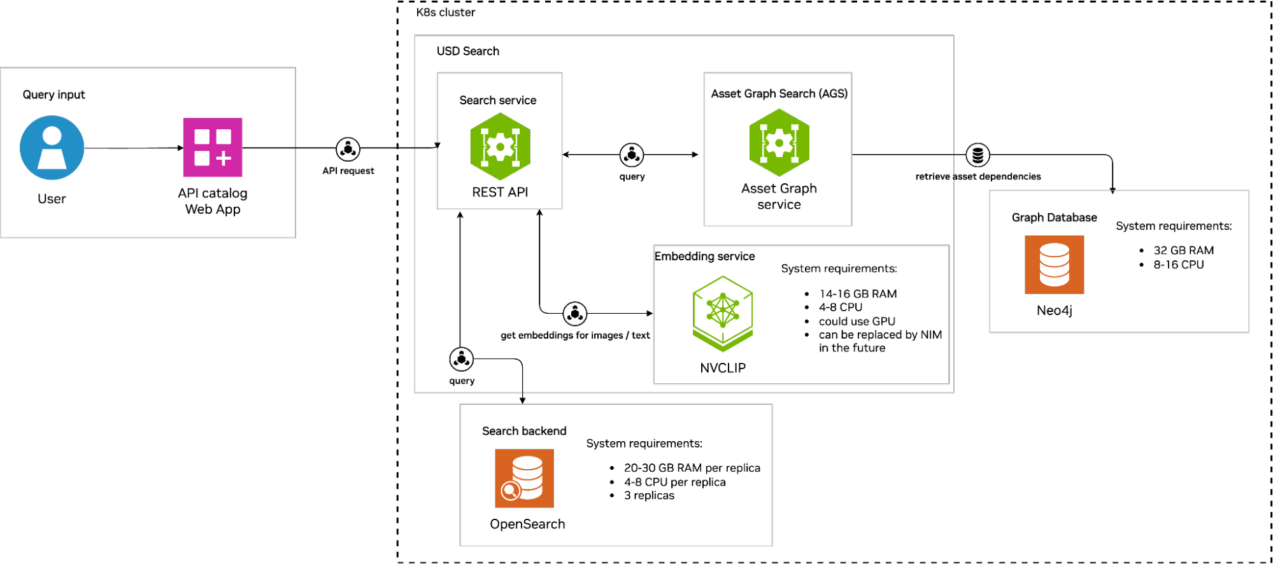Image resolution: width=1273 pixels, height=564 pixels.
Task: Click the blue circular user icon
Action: (x=52, y=148)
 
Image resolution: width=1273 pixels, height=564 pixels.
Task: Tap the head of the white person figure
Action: (x=52, y=136)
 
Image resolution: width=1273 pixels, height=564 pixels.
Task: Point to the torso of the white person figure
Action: (x=52, y=158)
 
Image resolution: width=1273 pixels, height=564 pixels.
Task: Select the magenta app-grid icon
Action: (x=213, y=147)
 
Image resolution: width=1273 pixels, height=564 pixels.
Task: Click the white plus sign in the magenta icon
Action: (x=224, y=159)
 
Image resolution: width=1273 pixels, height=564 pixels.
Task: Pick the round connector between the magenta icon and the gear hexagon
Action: (x=348, y=150)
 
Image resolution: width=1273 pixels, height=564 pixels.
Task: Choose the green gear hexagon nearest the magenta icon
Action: (x=501, y=146)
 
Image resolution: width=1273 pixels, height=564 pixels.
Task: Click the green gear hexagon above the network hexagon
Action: (x=779, y=143)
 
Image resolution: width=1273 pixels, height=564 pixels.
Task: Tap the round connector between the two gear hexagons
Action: (x=632, y=155)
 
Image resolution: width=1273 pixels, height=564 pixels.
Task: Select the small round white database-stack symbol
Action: (x=978, y=155)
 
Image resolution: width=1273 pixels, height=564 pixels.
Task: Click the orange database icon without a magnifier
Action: (x=1054, y=265)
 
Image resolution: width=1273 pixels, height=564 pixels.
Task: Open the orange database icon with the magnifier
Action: (x=524, y=478)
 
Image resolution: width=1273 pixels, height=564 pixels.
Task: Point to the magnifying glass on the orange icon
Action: (x=509, y=491)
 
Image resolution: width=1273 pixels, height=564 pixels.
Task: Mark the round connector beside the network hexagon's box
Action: (x=575, y=314)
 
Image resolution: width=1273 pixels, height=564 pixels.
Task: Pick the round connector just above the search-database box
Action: (x=462, y=359)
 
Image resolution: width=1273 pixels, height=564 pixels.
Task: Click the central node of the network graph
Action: (x=723, y=310)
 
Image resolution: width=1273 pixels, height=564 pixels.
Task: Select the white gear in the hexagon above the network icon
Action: (x=779, y=143)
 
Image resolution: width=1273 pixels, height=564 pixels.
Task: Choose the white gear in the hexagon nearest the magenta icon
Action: (x=501, y=147)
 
